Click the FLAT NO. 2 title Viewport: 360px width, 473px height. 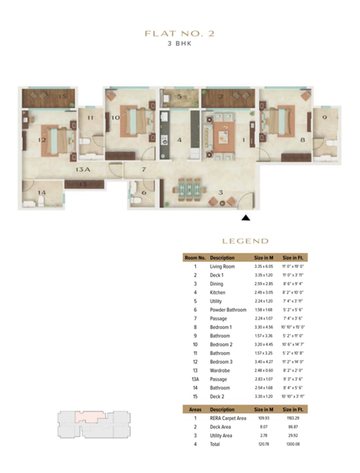[x=180, y=34]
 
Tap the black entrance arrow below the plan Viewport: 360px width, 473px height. [x=245, y=217]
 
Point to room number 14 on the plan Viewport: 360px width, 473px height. [x=42, y=192]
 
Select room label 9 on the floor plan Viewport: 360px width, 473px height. [x=324, y=118]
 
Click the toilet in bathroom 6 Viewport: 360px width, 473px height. [x=136, y=200]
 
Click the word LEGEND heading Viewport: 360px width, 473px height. [x=245, y=241]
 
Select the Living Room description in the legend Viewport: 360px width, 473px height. [x=222, y=267]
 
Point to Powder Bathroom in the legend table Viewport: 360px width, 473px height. [x=228, y=310]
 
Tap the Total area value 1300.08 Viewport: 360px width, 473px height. [x=292, y=444]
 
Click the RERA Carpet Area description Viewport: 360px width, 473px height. [x=228, y=418]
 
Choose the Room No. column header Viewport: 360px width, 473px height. [x=195, y=258]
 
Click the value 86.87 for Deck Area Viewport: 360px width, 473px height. [x=292, y=427]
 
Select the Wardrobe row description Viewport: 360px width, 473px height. [x=219, y=370]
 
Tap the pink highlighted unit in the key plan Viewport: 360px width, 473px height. [x=92, y=415]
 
